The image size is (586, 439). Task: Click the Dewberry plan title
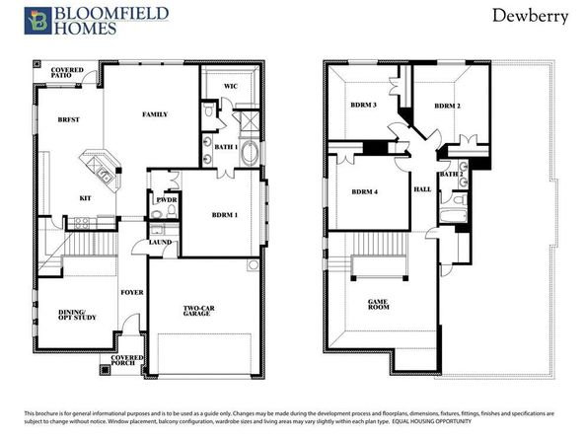[523, 17]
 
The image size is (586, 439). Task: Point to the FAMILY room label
[155, 115]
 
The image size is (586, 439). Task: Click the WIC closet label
[230, 87]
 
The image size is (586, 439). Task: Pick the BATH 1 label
[225, 147]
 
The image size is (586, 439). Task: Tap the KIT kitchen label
[86, 197]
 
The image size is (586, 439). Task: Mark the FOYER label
[133, 292]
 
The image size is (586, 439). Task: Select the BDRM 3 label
[363, 106]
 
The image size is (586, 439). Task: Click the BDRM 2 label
[447, 106]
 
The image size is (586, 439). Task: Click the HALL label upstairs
[423, 188]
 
